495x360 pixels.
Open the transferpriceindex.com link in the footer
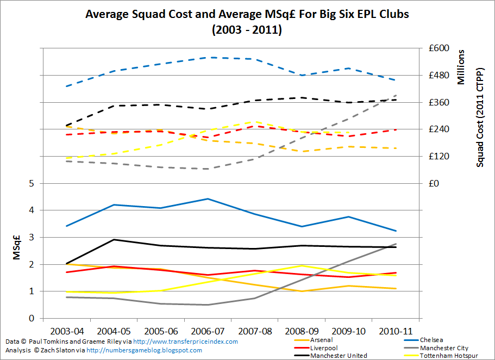[185, 342]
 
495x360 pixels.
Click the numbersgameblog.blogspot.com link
[144, 350]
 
